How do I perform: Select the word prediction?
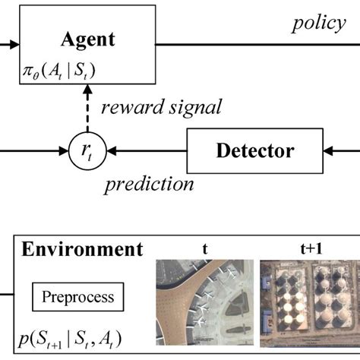[x=149, y=183]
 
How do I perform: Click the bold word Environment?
[x=81, y=249]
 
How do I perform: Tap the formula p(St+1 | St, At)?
[x=73, y=338]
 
